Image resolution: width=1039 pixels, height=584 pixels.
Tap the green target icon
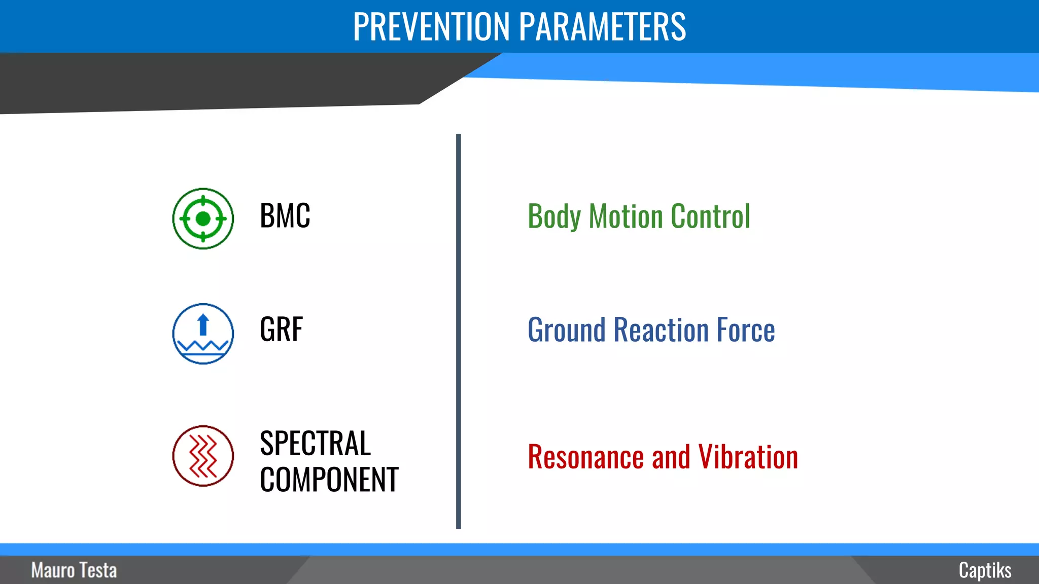click(x=203, y=218)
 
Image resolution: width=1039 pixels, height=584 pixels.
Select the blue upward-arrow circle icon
click(x=203, y=334)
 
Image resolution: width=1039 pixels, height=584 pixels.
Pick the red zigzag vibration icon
click(x=203, y=456)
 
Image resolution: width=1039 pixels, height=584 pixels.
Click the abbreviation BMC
click(x=285, y=216)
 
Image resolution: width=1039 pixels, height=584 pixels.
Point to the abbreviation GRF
click(x=281, y=330)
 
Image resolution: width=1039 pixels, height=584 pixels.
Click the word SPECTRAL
click(x=315, y=443)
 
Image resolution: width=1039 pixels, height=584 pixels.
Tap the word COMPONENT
click(x=329, y=480)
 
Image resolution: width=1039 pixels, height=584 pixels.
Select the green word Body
click(x=553, y=217)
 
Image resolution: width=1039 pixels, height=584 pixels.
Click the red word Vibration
click(x=748, y=457)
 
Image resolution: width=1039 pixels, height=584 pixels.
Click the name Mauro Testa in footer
click(x=74, y=570)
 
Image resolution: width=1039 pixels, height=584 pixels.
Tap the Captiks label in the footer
click(x=985, y=570)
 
